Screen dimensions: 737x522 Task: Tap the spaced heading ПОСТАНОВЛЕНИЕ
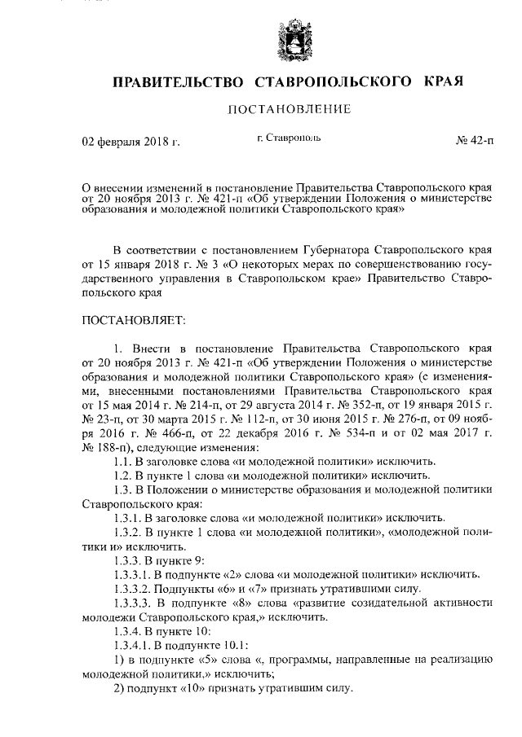tap(289, 109)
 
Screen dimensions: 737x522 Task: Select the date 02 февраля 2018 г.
tap(130, 143)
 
